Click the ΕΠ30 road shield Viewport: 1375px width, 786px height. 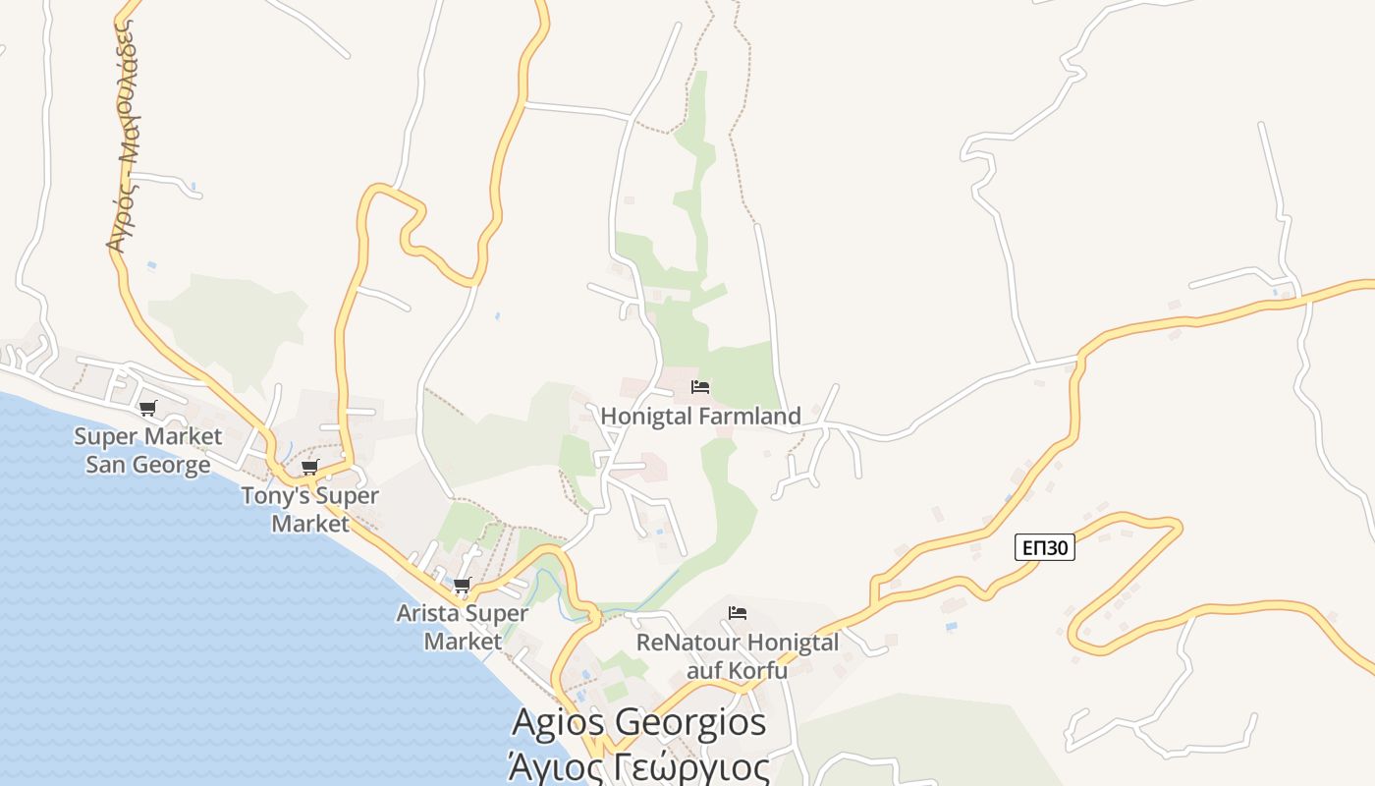point(1044,548)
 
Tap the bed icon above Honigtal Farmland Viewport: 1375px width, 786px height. point(700,387)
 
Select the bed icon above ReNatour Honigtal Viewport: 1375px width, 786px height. point(738,614)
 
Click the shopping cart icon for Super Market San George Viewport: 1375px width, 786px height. point(147,408)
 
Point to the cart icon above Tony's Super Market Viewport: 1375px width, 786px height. point(309,468)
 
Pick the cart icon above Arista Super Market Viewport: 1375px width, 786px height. point(462,586)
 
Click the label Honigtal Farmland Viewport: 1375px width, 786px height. point(700,417)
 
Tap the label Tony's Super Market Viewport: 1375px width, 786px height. point(309,509)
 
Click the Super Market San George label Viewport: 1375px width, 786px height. point(147,450)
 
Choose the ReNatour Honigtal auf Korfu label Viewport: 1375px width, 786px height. point(738,656)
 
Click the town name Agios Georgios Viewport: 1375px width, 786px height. point(638,723)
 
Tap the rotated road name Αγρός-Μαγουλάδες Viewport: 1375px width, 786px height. point(123,138)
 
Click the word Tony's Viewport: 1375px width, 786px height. point(276,495)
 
